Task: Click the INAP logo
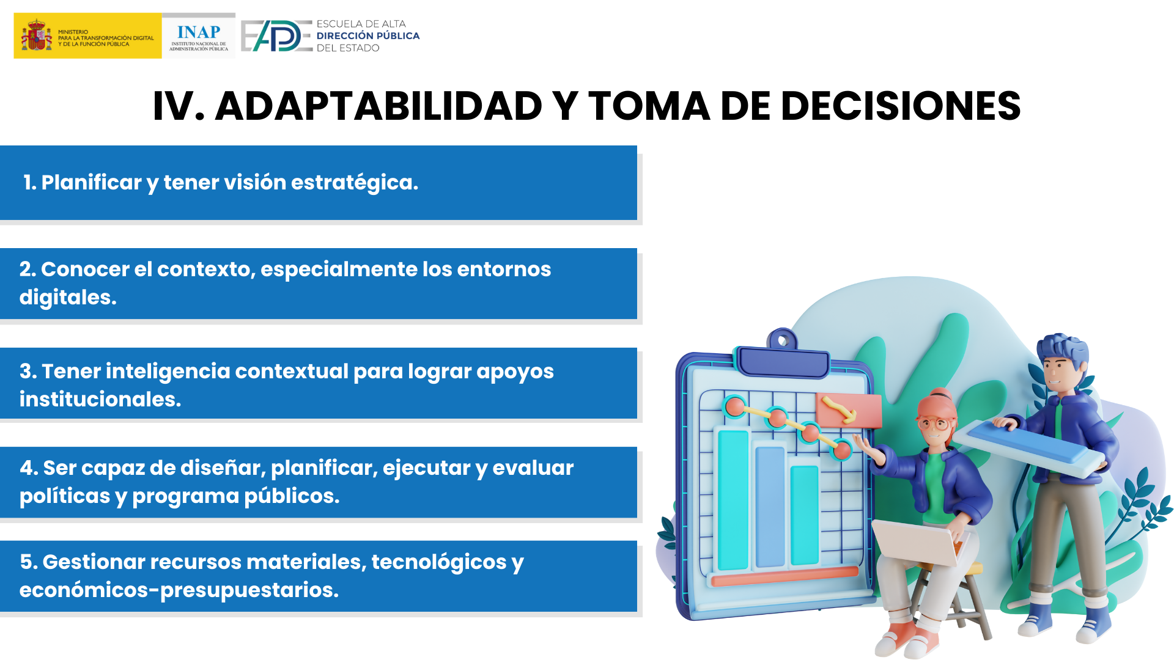[x=199, y=36]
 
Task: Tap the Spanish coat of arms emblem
[x=36, y=35]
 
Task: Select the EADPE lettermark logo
[x=276, y=36]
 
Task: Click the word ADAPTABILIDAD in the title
[x=378, y=106]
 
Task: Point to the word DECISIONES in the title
[x=901, y=106]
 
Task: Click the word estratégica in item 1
[x=355, y=183]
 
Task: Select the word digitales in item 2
[x=68, y=298]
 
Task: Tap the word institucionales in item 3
[x=100, y=399]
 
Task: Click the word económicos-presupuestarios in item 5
[x=179, y=590]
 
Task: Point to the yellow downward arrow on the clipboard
[x=839, y=409]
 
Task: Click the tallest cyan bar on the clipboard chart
[x=733, y=500]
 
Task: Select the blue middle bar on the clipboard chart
[x=770, y=507]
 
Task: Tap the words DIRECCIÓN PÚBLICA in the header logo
[x=368, y=36]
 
